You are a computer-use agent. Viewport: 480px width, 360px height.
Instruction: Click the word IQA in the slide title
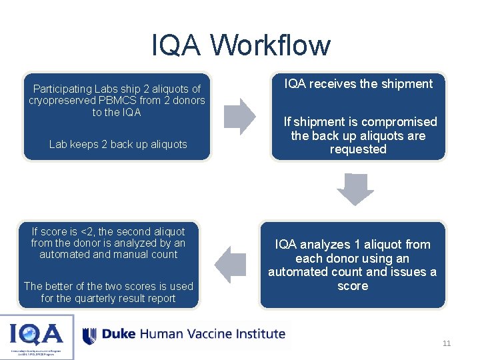[x=176, y=45]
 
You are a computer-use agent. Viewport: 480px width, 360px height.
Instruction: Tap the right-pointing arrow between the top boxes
[x=239, y=117]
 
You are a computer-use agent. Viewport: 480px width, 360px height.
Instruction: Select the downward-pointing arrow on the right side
[x=355, y=189]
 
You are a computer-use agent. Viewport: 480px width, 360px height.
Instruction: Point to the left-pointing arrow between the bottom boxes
[x=231, y=265]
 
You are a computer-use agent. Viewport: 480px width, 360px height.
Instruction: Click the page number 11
[x=447, y=343]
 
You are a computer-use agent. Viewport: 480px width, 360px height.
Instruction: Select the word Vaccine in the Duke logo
[x=201, y=333]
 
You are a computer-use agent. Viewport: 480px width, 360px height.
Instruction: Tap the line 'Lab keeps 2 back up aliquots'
[x=118, y=144]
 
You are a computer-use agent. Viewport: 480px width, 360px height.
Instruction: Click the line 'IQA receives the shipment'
[x=359, y=84]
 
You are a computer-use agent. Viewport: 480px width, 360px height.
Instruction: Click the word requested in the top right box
[x=358, y=149]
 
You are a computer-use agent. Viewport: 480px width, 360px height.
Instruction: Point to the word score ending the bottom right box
[x=353, y=286]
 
